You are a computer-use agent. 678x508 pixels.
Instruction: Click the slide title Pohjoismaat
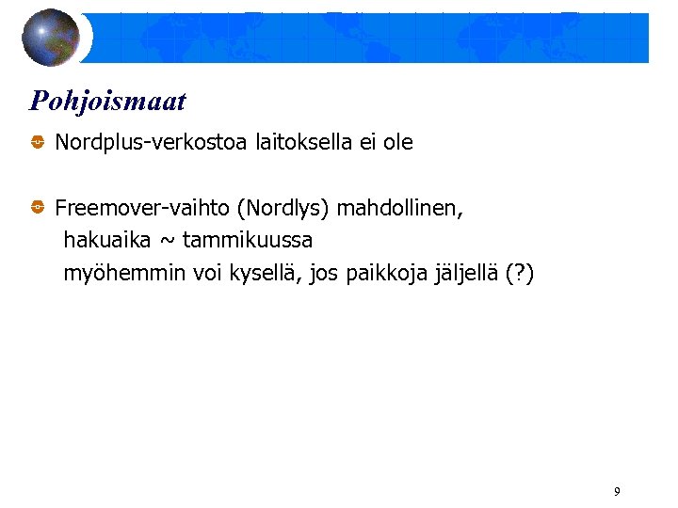pos(107,101)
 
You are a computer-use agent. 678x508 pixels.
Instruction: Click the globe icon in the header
pos(52,37)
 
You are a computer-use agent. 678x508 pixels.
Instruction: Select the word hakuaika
pos(106,240)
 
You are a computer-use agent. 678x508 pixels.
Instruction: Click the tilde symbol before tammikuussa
pos(167,241)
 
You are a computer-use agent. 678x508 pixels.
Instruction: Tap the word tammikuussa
pos(248,240)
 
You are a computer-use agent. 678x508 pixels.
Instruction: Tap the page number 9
pos(617,491)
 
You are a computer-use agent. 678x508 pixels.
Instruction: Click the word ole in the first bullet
pos(397,143)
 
